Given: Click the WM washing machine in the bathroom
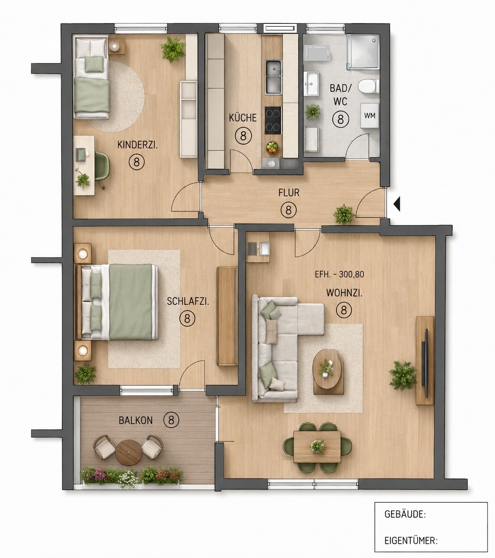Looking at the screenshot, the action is pyautogui.click(x=370, y=116).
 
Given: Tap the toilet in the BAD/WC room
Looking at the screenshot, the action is pyautogui.click(x=368, y=86).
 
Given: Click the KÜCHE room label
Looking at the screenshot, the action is pyautogui.click(x=243, y=118).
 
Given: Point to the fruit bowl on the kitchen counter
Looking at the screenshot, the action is pyautogui.click(x=272, y=147).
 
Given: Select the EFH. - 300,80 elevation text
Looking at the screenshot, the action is pyautogui.click(x=339, y=274).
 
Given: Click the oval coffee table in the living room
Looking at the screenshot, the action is pyautogui.click(x=328, y=369).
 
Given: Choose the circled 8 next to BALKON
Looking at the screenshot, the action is pyautogui.click(x=171, y=420).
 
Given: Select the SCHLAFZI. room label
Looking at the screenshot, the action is pyautogui.click(x=188, y=301).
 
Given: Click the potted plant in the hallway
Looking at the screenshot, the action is pyautogui.click(x=343, y=214).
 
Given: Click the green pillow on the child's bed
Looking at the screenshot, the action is pyautogui.click(x=94, y=64).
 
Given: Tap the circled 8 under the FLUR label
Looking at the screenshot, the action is pyautogui.click(x=288, y=210).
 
